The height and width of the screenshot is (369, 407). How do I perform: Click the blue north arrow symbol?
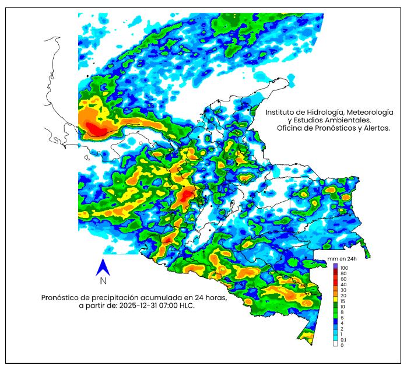(103, 267)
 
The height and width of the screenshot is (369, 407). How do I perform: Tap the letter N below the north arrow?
(103, 281)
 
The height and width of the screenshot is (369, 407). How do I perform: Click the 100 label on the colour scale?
(343, 266)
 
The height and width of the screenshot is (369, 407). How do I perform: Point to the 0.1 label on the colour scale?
(343, 339)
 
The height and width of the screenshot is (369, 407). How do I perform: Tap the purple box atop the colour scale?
(335, 266)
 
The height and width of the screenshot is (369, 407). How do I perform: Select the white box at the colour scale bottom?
(335, 345)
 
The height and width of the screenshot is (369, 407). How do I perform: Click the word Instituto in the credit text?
(283, 111)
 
